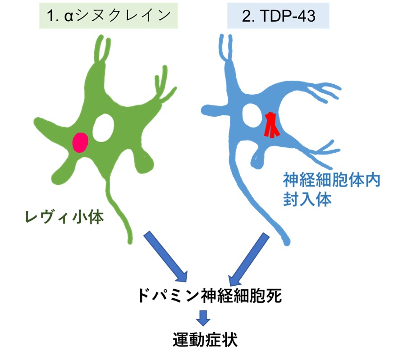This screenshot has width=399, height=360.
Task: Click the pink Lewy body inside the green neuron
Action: [x=80, y=142]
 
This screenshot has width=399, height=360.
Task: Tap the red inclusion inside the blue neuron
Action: [x=271, y=124]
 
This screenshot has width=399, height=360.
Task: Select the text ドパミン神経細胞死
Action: [x=209, y=296]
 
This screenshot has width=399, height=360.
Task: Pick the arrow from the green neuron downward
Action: [x=167, y=257]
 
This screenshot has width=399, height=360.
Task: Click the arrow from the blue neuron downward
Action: [x=247, y=257]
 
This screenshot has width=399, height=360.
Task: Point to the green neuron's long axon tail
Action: [x=118, y=212]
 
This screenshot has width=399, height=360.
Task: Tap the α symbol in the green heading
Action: [x=69, y=16]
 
